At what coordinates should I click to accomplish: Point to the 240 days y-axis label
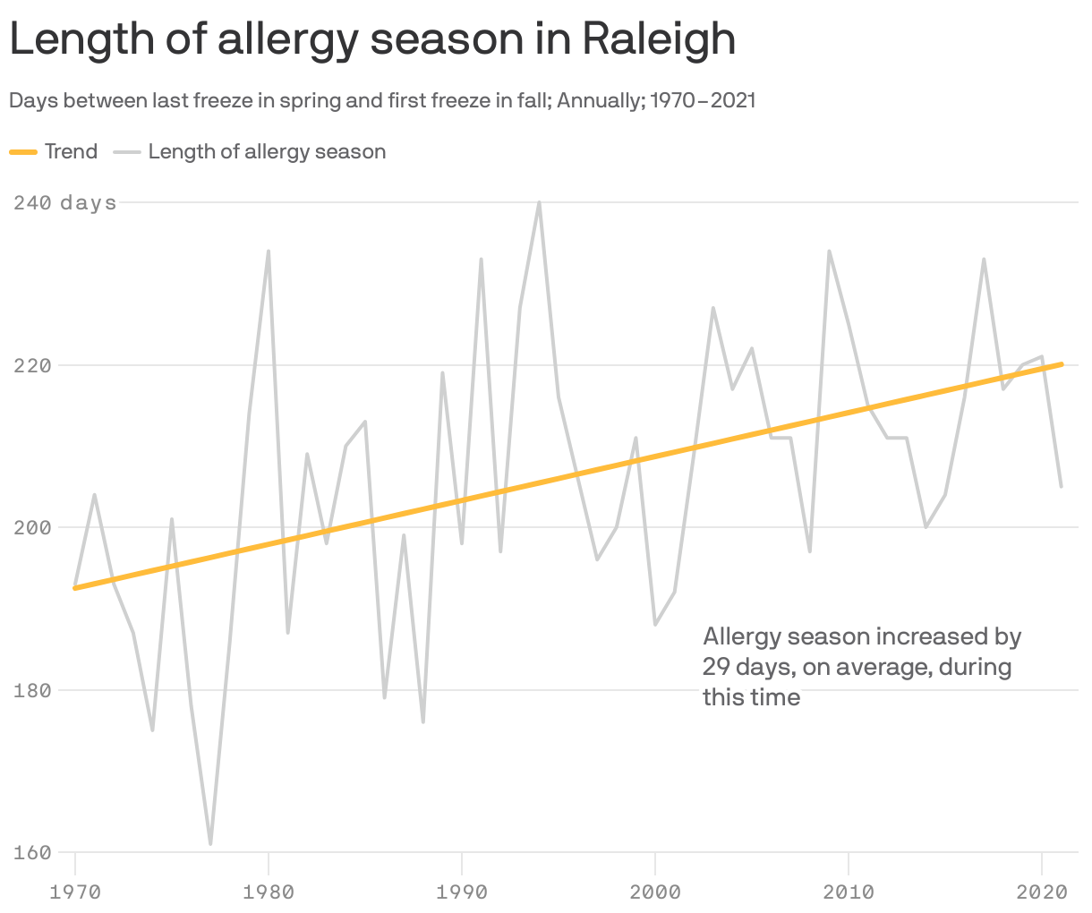click(64, 203)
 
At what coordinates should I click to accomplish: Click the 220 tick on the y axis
click(31, 365)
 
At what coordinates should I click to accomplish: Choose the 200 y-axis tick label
click(31, 528)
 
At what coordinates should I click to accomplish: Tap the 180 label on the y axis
click(31, 690)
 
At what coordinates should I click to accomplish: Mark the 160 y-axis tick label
click(31, 853)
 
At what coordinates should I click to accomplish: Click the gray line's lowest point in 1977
click(210, 844)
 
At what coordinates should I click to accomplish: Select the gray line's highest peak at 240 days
click(539, 202)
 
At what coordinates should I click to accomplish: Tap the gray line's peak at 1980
click(269, 252)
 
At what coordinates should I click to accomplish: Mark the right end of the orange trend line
click(1062, 364)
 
